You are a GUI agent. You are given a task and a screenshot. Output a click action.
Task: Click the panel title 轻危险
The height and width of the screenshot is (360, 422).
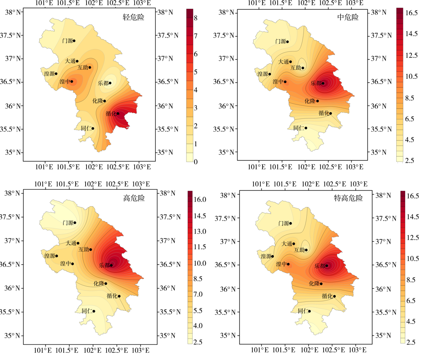click(131, 18)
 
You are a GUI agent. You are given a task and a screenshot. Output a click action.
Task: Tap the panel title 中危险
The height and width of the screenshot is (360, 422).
click(348, 17)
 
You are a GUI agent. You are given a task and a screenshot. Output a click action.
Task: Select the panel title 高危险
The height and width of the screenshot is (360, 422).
click(134, 198)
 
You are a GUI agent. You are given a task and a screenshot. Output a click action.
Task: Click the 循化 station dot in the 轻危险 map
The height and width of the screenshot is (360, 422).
click(118, 113)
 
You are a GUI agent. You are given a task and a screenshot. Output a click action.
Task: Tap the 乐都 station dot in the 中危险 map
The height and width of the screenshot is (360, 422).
click(323, 83)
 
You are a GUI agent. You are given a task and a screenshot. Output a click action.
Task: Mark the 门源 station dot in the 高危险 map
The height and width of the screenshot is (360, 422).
click(75, 223)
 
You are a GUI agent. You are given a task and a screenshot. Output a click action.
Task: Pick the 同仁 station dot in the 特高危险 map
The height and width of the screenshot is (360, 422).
click(309, 311)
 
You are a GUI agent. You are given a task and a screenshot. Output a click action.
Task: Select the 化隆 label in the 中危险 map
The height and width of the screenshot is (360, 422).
click(310, 101)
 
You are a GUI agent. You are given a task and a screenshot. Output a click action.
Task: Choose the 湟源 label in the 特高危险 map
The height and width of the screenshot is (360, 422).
click(266, 256)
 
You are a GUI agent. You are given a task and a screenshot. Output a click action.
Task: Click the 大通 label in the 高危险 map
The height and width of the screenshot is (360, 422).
click(71, 243)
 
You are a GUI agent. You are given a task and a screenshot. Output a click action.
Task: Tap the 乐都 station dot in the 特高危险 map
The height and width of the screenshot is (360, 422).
click(327, 266)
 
